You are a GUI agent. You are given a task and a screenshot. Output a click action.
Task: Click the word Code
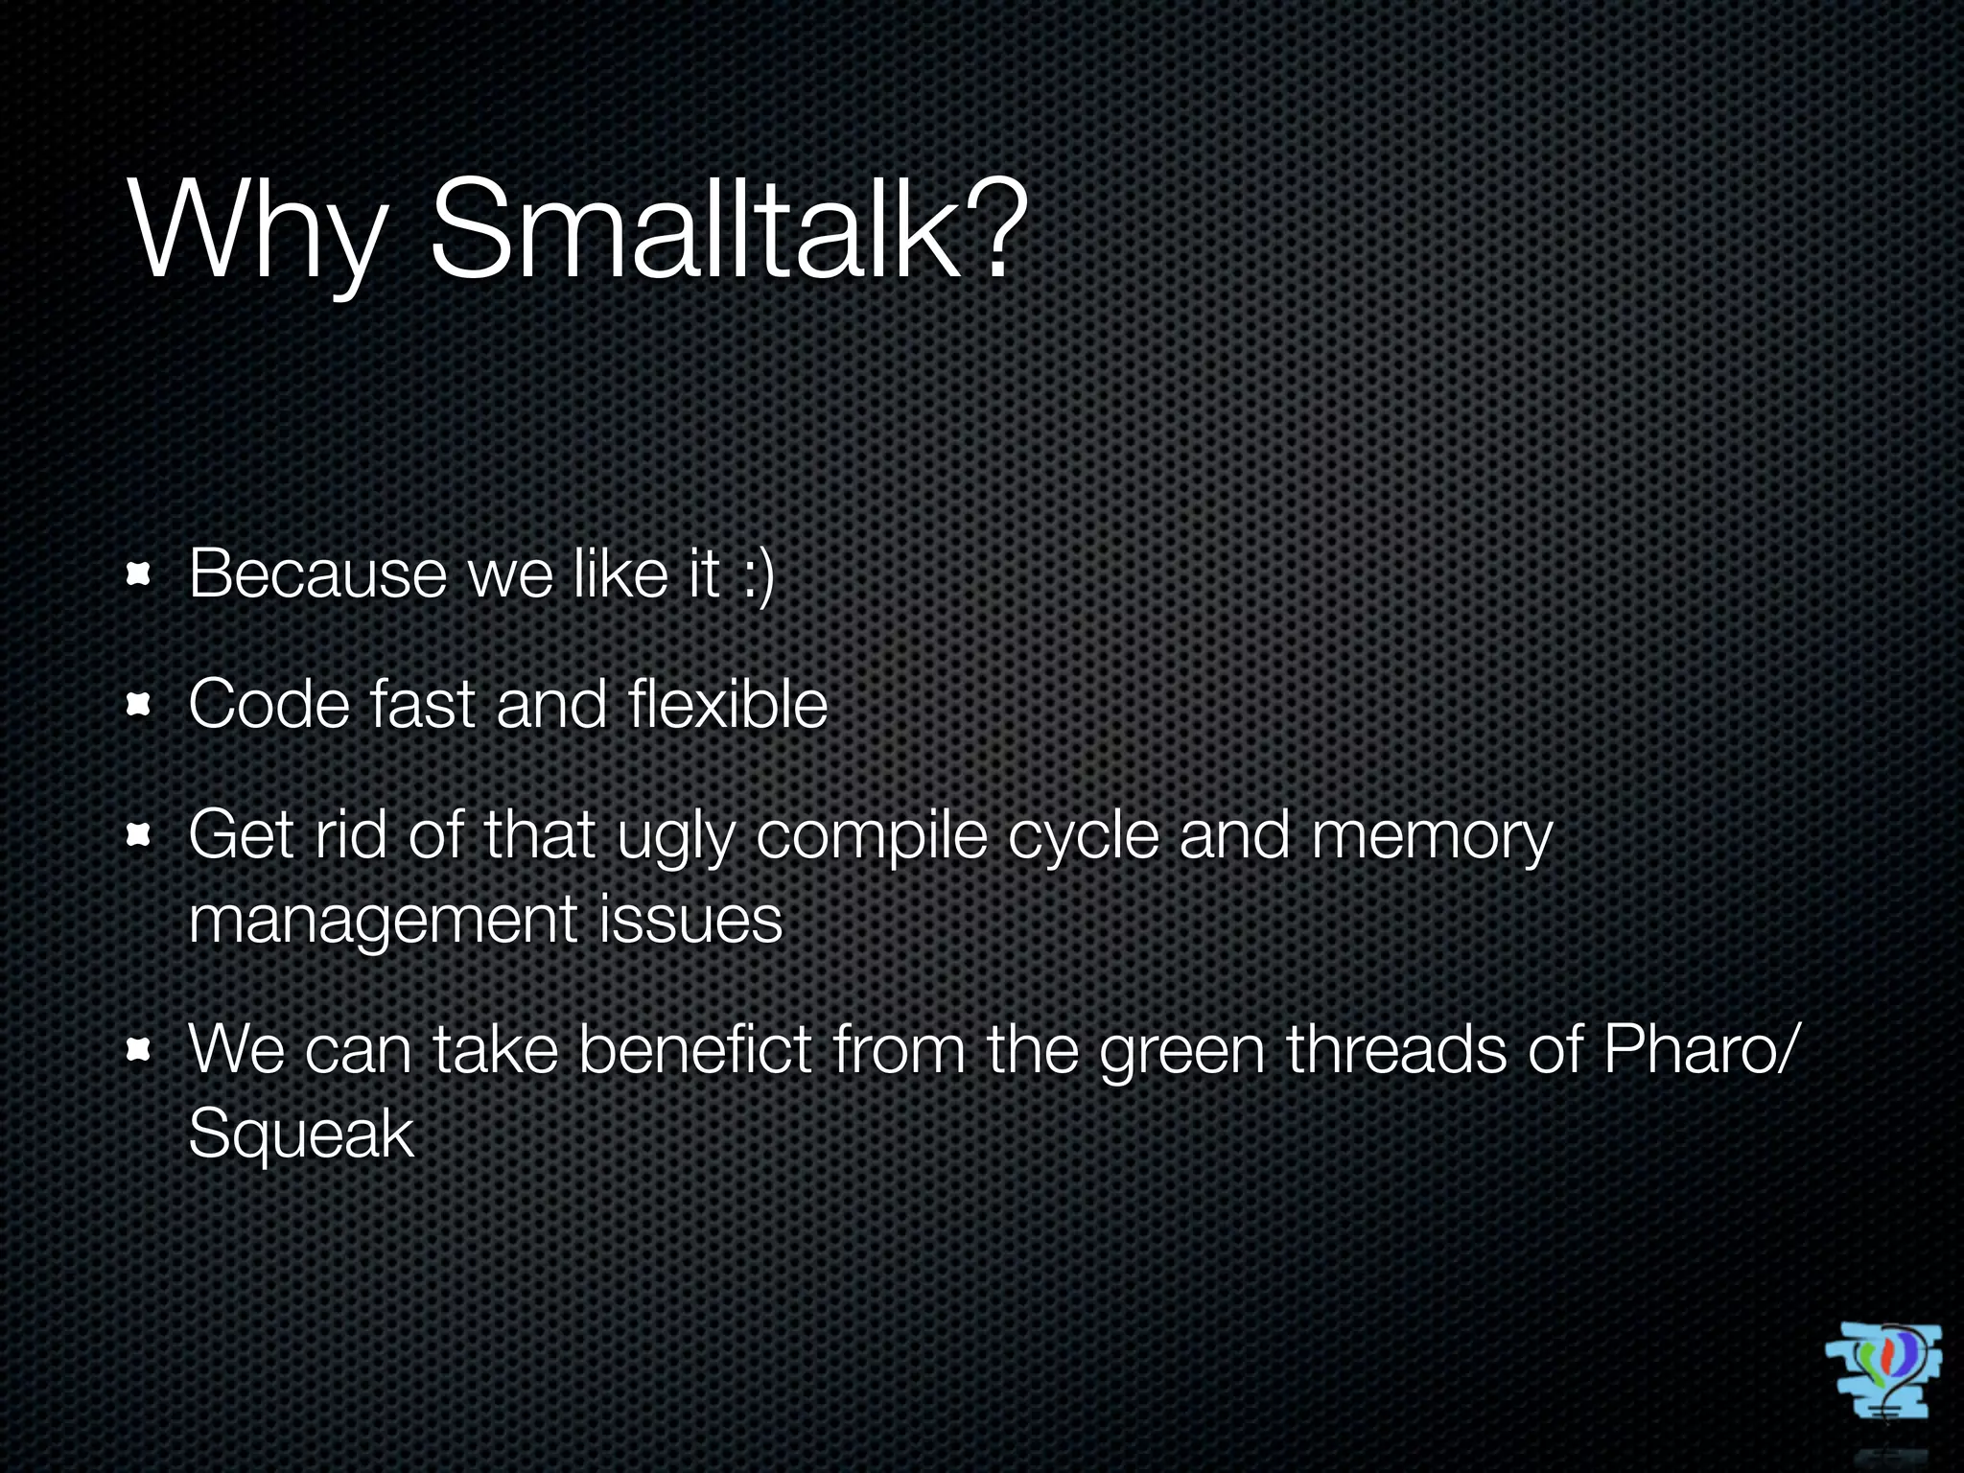click(269, 705)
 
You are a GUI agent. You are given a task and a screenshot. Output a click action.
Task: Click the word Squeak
click(301, 1135)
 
